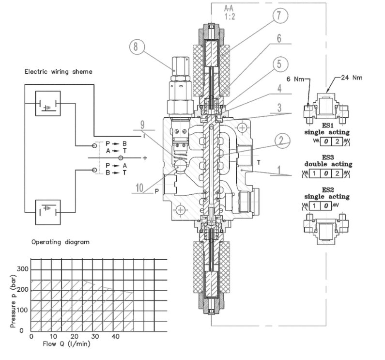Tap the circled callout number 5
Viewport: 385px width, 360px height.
pyautogui.click(x=279, y=63)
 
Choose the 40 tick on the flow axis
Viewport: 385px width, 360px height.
pyautogui.click(x=116, y=337)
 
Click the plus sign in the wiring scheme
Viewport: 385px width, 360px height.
pyautogui.click(x=143, y=158)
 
